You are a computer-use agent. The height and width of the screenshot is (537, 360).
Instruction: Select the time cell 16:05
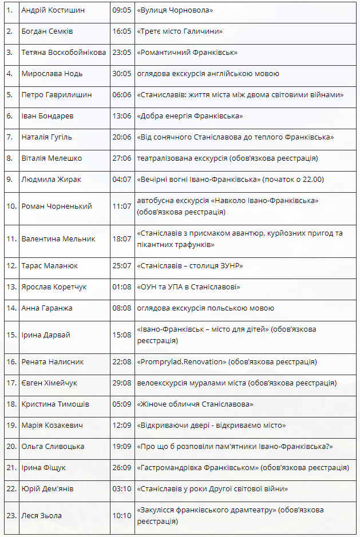122,31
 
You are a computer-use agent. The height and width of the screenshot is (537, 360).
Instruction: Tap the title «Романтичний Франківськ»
187,53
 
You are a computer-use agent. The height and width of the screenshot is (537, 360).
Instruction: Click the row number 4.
10,74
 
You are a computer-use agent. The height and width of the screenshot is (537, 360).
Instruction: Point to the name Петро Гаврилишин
56,95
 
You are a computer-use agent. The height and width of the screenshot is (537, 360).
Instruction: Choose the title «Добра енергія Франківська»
189,116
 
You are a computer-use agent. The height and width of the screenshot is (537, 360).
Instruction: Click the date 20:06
122,137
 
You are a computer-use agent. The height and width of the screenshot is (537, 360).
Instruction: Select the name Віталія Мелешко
52,158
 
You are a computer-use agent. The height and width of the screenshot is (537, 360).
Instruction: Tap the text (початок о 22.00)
293,180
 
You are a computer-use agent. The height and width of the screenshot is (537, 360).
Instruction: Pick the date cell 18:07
122,239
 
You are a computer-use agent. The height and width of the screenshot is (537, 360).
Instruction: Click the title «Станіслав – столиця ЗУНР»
190,266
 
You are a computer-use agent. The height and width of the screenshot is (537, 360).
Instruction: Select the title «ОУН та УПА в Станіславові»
188,287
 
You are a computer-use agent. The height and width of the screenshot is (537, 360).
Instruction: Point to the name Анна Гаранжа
47,308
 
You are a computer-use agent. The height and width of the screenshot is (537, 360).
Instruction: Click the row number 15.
11,335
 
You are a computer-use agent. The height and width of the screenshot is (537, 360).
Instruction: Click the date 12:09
122,425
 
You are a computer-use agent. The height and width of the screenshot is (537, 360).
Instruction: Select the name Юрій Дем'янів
48,489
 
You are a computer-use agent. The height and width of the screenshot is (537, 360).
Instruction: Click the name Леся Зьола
41,516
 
